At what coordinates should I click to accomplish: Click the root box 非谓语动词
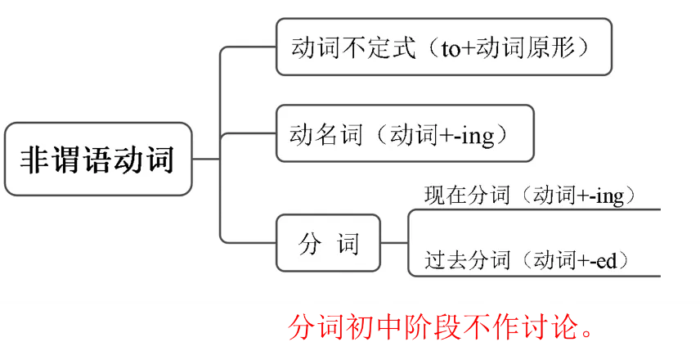tap(98, 160)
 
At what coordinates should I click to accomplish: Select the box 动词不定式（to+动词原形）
tap(443, 47)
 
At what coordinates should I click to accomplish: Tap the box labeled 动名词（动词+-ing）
tap(405, 133)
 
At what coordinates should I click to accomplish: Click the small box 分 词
tap(328, 243)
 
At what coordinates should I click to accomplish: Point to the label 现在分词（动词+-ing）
tap(530, 196)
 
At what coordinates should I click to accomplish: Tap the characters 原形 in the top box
tap(559, 47)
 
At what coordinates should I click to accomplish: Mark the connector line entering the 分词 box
tap(249, 243)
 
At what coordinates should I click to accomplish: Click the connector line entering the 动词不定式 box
tap(249, 47)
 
